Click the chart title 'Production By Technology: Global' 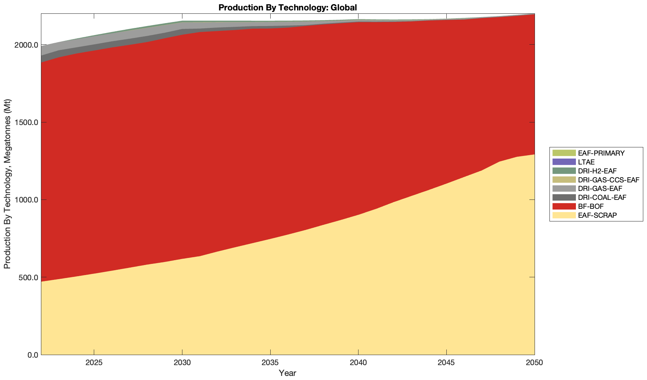click(x=287, y=7)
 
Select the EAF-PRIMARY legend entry click(x=601, y=153)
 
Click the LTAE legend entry click(x=586, y=162)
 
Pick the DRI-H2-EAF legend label click(x=597, y=171)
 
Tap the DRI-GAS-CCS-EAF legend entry click(x=608, y=180)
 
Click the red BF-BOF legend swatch click(x=564, y=206)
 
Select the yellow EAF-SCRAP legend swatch click(x=564, y=215)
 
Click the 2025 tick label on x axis click(x=94, y=363)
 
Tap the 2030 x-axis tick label click(x=182, y=363)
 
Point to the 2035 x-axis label click(x=270, y=363)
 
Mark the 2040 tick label click(x=358, y=363)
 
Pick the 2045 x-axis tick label click(x=446, y=363)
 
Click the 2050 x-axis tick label click(x=534, y=363)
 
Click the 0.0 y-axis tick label click(x=32, y=355)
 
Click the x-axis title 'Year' click(x=287, y=373)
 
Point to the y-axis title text click(x=7, y=184)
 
